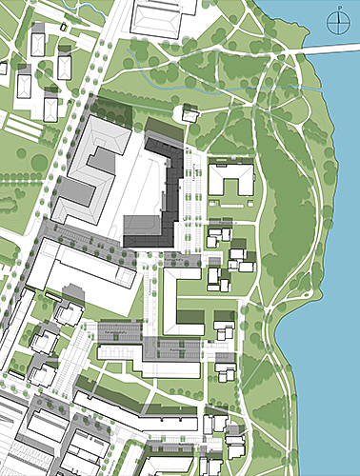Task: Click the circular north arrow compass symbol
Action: [338, 23]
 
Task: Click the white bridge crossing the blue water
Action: [333, 49]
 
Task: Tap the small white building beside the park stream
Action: [190, 114]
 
